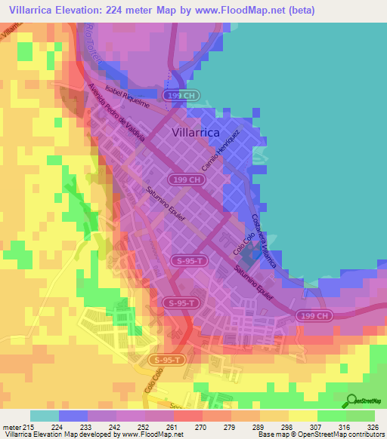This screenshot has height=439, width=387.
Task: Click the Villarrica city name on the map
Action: (185, 132)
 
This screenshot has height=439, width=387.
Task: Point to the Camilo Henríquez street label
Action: (221, 148)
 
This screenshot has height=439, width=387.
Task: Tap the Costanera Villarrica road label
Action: (265, 241)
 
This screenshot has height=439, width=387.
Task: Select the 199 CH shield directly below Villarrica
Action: (184, 180)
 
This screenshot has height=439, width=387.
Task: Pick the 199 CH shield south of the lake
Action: (311, 314)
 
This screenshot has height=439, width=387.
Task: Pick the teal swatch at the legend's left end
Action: (44, 416)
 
